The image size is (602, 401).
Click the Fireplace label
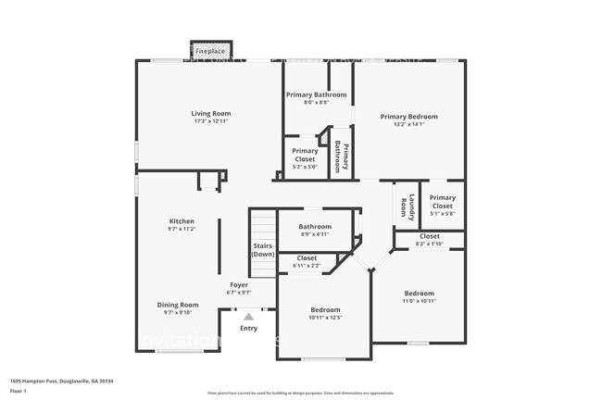[x=210, y=50]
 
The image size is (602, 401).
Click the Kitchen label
[x=182, y=221]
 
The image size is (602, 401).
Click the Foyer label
[x=239, y=284]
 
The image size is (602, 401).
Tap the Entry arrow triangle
[x=248, y=317]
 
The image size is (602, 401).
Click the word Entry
[x=249, y=328]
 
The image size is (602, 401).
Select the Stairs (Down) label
[x=263, y=250]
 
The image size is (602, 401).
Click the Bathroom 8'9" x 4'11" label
[x=315, y=226]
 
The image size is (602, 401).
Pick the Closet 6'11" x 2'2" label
[x=307, y=258]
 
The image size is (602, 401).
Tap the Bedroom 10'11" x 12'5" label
[x=325, y=309]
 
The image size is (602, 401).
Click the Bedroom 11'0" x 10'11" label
[x=419, y=294]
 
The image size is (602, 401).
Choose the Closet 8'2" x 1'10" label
[x=429, y=236]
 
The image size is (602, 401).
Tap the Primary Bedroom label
[x=408, y=117]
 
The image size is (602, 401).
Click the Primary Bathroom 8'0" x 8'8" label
[x=317, y=94]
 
